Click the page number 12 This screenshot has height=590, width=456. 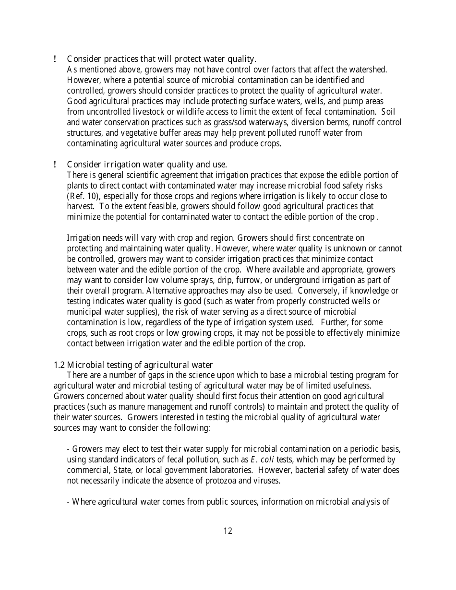click(x=228, y=531)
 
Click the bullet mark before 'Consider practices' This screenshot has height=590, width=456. click(x=56, y=59)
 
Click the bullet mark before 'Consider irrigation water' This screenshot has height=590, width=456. click(x=56, y=165)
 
